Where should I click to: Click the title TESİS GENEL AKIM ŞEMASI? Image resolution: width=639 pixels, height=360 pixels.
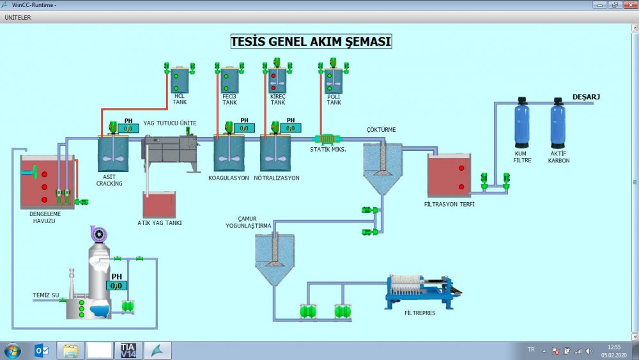point(311,42)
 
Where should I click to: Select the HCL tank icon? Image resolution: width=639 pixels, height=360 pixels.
point(180,81)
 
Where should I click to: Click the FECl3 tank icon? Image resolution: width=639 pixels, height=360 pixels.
point(229,81)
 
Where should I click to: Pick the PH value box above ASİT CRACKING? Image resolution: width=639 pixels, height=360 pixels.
point(128,129)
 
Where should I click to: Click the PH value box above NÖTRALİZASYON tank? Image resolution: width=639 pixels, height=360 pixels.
point(290,129)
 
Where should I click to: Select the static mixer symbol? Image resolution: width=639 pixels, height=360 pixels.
point(327,139)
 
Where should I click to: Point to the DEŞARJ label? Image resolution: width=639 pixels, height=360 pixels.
point(585,97)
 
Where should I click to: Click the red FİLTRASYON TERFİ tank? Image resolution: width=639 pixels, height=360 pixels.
point(449,176)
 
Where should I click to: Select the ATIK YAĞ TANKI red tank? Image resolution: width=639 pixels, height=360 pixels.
point(159,205)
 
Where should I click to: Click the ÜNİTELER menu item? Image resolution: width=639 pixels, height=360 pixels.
point(18,17)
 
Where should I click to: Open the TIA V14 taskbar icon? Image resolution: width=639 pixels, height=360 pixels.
point(128,350)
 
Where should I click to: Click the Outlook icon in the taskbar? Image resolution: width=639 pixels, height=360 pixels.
point(42,350)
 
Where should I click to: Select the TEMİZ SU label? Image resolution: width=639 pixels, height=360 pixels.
point(46,295)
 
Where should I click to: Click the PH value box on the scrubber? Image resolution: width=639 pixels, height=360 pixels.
point(116,286)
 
